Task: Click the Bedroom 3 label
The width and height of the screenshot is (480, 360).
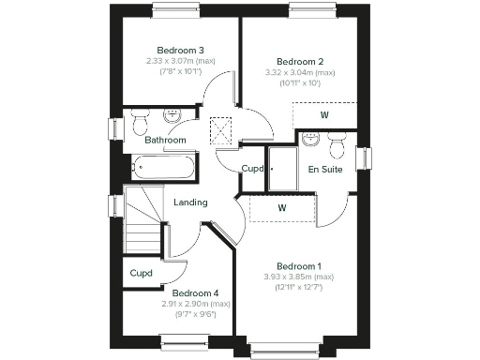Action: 181,50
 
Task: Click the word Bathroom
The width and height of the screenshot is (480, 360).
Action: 165,140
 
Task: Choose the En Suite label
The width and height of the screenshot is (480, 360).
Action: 325,170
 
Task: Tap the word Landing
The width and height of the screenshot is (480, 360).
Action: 190,202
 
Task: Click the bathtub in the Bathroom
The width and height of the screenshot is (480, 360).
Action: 162,170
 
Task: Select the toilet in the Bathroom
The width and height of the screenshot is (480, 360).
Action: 140,123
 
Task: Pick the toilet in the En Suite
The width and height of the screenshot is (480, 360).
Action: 310,141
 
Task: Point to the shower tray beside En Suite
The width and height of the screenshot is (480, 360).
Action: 282,170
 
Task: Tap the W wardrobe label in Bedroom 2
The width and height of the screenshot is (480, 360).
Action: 324,115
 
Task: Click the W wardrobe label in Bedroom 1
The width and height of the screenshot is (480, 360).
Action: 281,207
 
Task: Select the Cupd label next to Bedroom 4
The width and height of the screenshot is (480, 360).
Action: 141,274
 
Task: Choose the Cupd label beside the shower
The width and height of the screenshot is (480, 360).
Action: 252,169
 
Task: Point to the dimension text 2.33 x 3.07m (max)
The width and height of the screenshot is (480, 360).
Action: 181,61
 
